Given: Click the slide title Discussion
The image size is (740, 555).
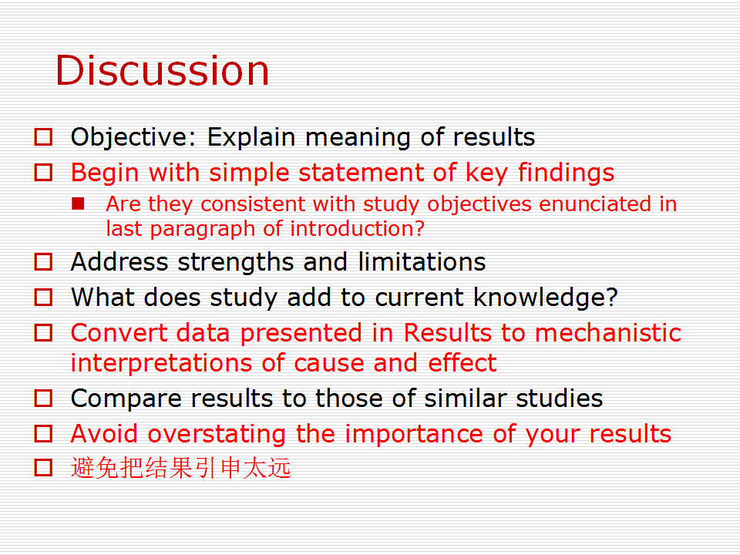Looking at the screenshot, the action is (163, 70).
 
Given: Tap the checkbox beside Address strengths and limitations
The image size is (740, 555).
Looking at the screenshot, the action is (43, 261).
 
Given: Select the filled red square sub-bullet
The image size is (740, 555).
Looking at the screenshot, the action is (78, 203).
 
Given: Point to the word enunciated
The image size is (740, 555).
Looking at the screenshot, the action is (594, 203).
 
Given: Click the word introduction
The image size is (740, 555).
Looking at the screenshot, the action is (357, 228).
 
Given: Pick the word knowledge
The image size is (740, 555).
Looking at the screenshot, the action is (545, 298).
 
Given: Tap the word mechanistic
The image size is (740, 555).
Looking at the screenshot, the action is (608, 332).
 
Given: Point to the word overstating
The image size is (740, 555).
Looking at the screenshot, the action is (217, 434).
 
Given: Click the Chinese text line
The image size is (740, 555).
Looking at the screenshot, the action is (180, 468).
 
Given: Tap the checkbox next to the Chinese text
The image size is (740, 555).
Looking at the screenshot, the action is (43, 467).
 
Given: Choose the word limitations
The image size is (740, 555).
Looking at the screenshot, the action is (422, 262).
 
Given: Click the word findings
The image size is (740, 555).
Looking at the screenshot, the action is (566, 173).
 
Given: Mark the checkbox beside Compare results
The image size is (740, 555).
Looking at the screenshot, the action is (43, 398).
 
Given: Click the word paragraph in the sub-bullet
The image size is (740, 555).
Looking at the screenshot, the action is (203, 230).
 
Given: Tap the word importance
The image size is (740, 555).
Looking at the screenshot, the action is (414, 434).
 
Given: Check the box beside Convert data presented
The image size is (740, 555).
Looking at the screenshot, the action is (43, 333).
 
